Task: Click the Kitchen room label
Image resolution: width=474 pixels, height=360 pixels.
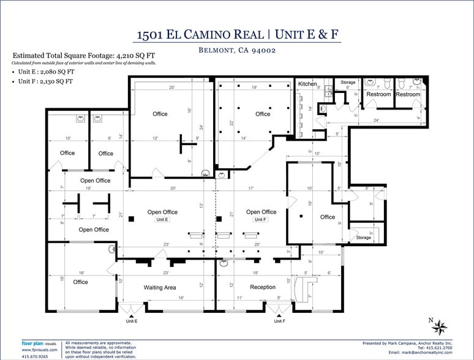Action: (307, 84)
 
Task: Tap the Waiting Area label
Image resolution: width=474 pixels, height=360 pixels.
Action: (160, 287)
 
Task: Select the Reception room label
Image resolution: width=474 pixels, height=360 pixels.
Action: (263, 287)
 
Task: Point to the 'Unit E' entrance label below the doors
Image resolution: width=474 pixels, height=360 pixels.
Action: (131, 321)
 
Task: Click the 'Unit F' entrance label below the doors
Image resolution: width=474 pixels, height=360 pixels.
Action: (279, 321)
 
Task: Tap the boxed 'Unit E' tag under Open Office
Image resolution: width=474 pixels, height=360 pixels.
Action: (162, 219)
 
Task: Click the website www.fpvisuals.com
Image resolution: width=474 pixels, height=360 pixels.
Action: (40, 350)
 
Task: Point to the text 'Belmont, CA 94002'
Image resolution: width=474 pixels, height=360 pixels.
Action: (236, 51)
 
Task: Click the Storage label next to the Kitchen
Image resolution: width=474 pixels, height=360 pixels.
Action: (348, 82)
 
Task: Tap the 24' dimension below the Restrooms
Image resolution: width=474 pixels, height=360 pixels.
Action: (376, 121)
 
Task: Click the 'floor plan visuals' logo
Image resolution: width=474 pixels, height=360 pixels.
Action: (39, 343)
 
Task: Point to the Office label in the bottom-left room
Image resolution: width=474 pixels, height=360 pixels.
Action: (80, 282)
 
